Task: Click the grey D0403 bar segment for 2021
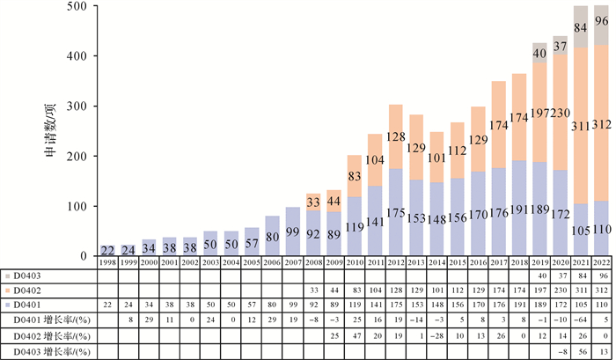click(x=581, y=26)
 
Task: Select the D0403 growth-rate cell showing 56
click(x=581, y=352)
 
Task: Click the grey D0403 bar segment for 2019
click(x=539, y=53)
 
